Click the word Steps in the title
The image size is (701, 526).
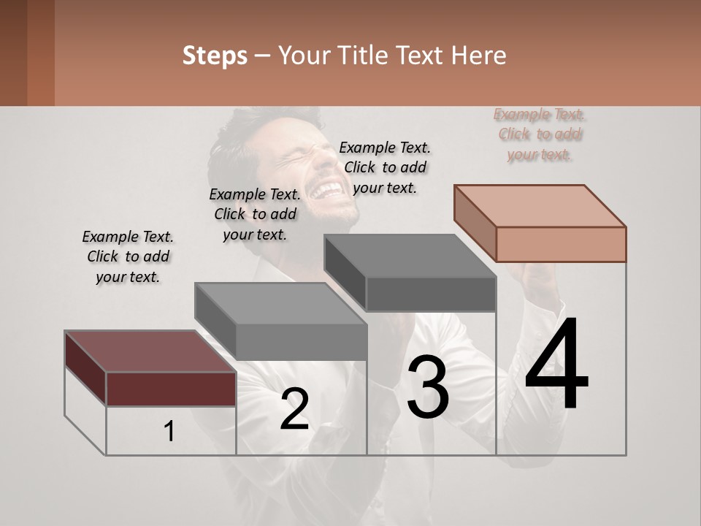(x=215, y=56)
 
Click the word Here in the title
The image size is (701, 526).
(x=477, y=56)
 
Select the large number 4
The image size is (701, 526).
(x=556, y=365)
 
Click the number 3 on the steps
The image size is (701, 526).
(x=428, y=387)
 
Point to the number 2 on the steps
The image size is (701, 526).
(x=294, y=409)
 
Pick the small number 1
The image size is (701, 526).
(x=169, y=432)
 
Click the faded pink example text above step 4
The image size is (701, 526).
(x=540, y=134)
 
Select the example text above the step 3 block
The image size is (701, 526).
(x=385, y=167)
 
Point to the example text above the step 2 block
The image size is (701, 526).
(x=255, y=214)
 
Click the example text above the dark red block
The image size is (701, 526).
(x=128, y=256)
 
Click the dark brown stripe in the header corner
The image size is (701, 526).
(x=13, y=53)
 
